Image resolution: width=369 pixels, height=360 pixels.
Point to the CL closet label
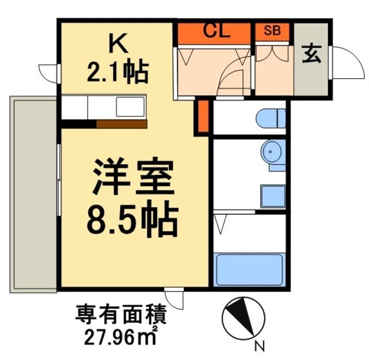(216, 31)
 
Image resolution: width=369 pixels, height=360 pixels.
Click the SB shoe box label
(273, 31)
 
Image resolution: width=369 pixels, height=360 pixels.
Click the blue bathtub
(250, 269)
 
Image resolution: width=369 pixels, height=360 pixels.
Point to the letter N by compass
(260, 346)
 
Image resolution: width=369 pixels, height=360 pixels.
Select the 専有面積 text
(122, 316)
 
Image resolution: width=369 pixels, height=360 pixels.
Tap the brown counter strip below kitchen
(122, 123)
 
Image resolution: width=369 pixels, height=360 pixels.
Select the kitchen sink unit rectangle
(131, 108)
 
